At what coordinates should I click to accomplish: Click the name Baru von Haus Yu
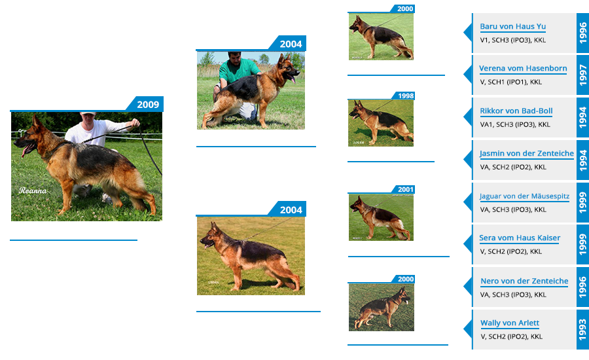click(512, 26)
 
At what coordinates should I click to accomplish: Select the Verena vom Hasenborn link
click(523, 68)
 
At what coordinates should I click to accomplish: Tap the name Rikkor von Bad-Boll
click(516, 111)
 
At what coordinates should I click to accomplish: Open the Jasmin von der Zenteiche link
click(527, 153)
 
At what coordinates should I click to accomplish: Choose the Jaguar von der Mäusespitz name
click(524, 196)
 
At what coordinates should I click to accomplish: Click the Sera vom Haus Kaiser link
click(520, 238)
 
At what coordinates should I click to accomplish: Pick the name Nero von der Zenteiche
click(524, 281)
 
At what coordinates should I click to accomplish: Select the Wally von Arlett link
click(510, 323)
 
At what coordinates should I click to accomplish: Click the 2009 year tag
click(148, 105)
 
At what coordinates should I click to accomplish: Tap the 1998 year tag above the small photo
click(406, 96)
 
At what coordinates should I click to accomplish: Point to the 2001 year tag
click(406, 189)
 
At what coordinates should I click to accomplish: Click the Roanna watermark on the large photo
click(33, 190)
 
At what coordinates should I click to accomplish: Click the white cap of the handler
click(88, 113)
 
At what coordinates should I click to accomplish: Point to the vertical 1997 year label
click(582, 75)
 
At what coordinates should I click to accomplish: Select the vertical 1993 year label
click(582, 329)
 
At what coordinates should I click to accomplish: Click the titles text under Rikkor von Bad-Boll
click(515, 124)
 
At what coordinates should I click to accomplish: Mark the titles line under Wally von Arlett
click(511, 336)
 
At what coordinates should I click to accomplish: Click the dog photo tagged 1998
click(381, 123)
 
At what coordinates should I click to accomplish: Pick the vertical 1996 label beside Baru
click(582, 33)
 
